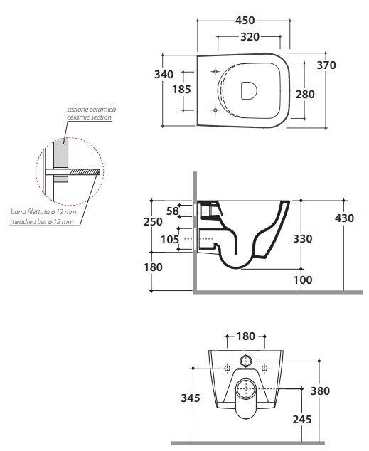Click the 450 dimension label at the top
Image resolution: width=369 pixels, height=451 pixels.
(x=245, y=21)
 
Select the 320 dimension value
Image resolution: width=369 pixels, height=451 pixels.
(x=250, y=37)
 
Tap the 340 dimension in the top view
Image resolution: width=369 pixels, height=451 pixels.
(x=164, y=75)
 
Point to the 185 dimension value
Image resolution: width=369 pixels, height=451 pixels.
(x=181, y=90)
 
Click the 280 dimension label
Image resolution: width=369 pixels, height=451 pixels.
(x=305, y=95)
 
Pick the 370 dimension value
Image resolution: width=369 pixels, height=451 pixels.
(x=326, y=65)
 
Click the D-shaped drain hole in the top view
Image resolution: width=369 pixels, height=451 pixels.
(x=249, y=90)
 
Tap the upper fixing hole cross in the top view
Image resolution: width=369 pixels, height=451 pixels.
(x=215, y=71)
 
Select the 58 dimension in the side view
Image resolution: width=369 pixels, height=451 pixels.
(x=173, y=211)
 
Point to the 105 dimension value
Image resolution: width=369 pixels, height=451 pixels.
(x=170, y=239)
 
